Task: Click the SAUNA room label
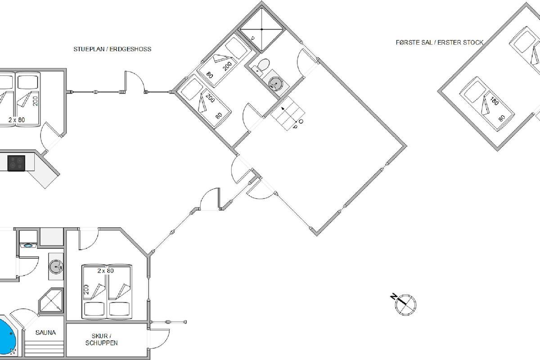pyautogui.click(x=45, y=333)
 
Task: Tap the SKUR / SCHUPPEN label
pyautogui.click(x=102, y=339)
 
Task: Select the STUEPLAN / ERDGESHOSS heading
pyautogui.click(x=112, y=49)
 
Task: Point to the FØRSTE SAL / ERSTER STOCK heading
pyautogui.click(x=440, y=42)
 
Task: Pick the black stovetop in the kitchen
pyautogui.click(x=16, y=163)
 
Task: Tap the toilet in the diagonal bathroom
pyautogui.click(x=262, y=65)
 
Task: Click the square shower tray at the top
pyautogui.click(x=262, y=29)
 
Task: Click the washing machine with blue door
pyautogui.click(x=28, y=245)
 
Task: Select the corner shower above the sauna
pyautogui.click(x=51, y=300)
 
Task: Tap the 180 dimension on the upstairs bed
pyautogui.click(x=494, y=101)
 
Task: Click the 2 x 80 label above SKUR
pyautogui.click(x=106, y=271)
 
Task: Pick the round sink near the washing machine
pyautogui.click(x=56, y=267)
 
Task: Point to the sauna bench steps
pyautogui.click(x=44, y=349)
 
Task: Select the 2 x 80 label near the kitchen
pyautogui.click(x=17, y=120)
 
